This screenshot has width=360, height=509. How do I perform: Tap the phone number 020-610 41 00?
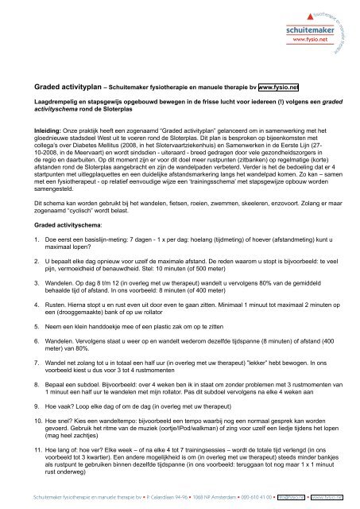(241, 497)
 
